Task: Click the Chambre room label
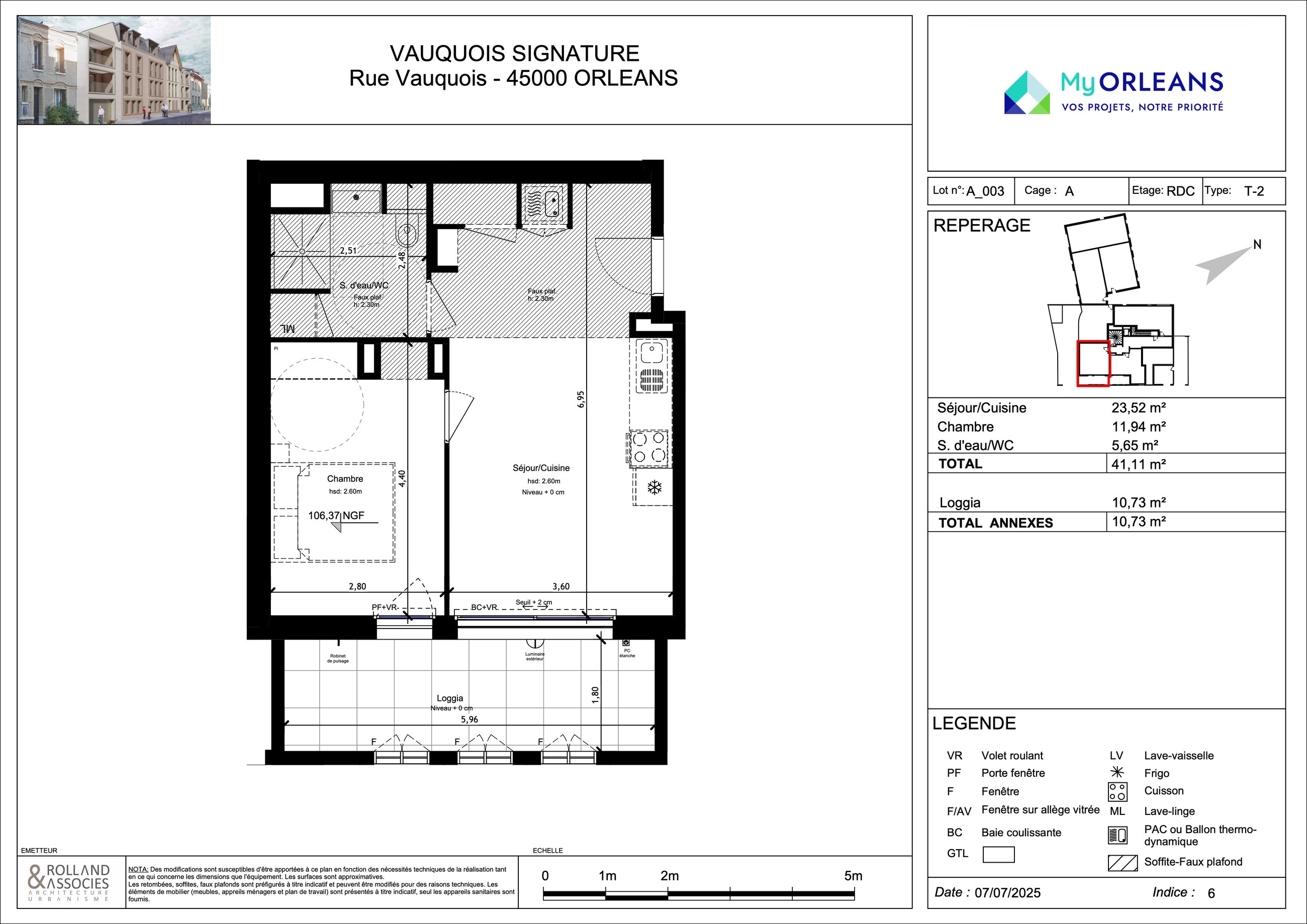[345, 479]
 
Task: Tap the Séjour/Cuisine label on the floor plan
[541, 468]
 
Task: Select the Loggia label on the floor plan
[450, 698]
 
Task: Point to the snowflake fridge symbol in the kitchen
[655, 487]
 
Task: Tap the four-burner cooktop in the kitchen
[649, 447]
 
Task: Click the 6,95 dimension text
[581, 399]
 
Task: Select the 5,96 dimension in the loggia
[470, 719]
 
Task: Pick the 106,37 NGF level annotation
[336, 516]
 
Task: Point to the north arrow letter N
[1257, 245]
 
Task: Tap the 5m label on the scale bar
[853, 876]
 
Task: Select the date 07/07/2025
[1007, 893]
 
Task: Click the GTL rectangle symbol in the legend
[998, 855]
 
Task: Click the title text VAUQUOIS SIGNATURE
[515, 53]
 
